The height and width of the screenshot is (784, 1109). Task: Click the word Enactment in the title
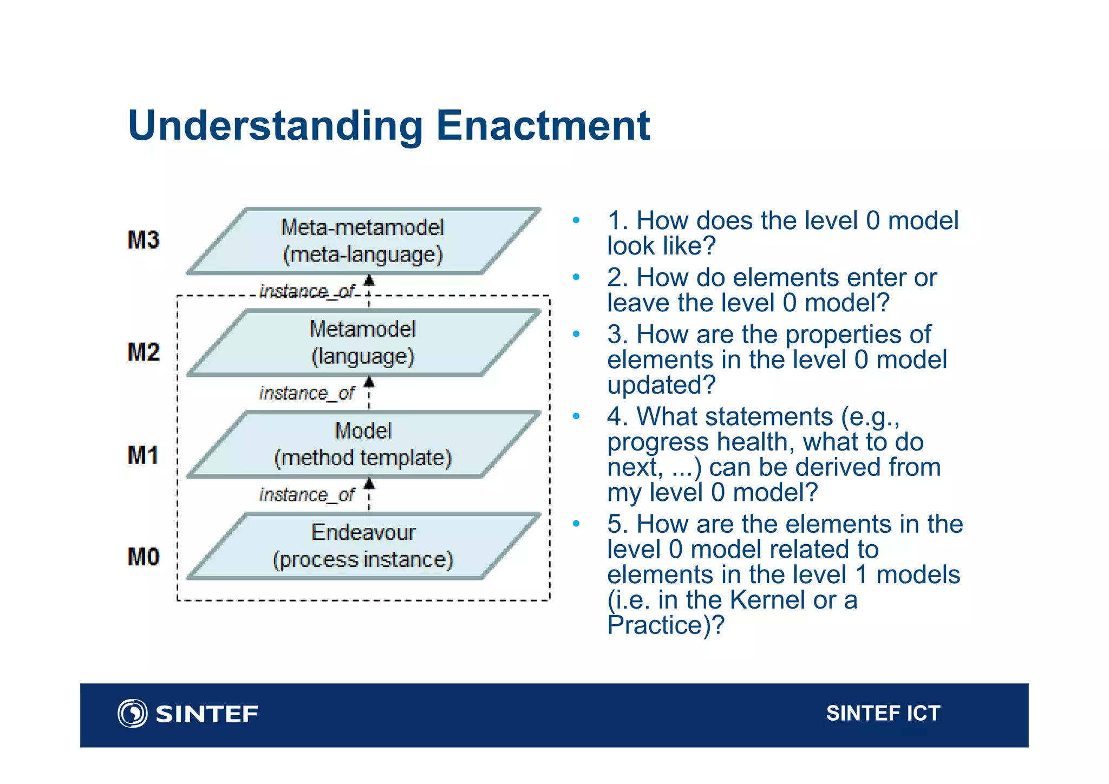point(543,126)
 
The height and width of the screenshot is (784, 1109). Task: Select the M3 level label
point(143,240)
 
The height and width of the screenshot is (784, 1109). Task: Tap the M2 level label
point(143,352)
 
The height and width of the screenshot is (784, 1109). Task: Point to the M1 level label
point(143,455)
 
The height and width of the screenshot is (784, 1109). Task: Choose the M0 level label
point(143,557)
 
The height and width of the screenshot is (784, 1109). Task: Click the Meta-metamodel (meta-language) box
point(363,241)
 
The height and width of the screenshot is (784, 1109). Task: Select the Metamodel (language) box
point(363,343)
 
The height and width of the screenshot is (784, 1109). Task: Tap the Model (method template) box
point(363,445)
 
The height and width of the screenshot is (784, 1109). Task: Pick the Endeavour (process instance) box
point(363,546)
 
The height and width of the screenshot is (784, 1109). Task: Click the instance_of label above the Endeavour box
point(306,494)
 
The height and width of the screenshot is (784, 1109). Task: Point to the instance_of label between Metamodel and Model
point(306,393)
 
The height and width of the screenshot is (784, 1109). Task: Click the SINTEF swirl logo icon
point(132,713)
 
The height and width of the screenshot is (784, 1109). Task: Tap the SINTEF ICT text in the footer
point(883,713)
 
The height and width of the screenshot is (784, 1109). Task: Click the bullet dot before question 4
point(576,416)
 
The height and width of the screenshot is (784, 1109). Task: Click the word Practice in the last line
point(655,625)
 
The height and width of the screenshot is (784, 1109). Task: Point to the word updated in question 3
point(661,385)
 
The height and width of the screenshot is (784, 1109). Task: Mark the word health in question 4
point(755,442)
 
